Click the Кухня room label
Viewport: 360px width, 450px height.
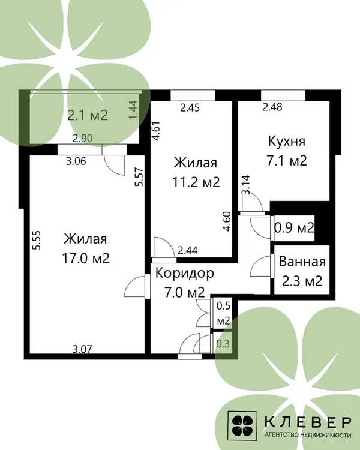coord(287,141)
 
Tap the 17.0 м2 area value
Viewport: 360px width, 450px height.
coord(86,259)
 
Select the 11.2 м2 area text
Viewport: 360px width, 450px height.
coord(196,182)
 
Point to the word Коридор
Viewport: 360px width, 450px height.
coord(185,273)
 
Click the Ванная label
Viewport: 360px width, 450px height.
coord(302,262)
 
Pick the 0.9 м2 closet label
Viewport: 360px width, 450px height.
coord(294,228)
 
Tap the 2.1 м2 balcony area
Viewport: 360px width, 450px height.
coord(88,115)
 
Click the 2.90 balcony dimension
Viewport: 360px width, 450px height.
coord(83,139)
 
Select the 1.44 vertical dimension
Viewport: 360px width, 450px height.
coord(133,110)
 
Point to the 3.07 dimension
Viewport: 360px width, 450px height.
coord(82,349)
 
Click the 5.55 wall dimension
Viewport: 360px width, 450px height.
coord(37,240)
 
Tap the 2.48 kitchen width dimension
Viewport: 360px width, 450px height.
coord(272,107)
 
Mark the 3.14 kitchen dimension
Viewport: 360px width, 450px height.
coord(246,185)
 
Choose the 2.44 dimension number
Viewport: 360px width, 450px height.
coord(188,251)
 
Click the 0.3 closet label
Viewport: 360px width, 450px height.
coord(223,344)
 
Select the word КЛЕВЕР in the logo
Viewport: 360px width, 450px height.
coord(308,421)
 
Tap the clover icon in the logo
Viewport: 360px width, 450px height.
coord(242,426)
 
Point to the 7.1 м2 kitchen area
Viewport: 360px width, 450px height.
coord(287,160)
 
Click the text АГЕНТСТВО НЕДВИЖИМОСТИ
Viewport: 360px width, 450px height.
coord(308,436)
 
